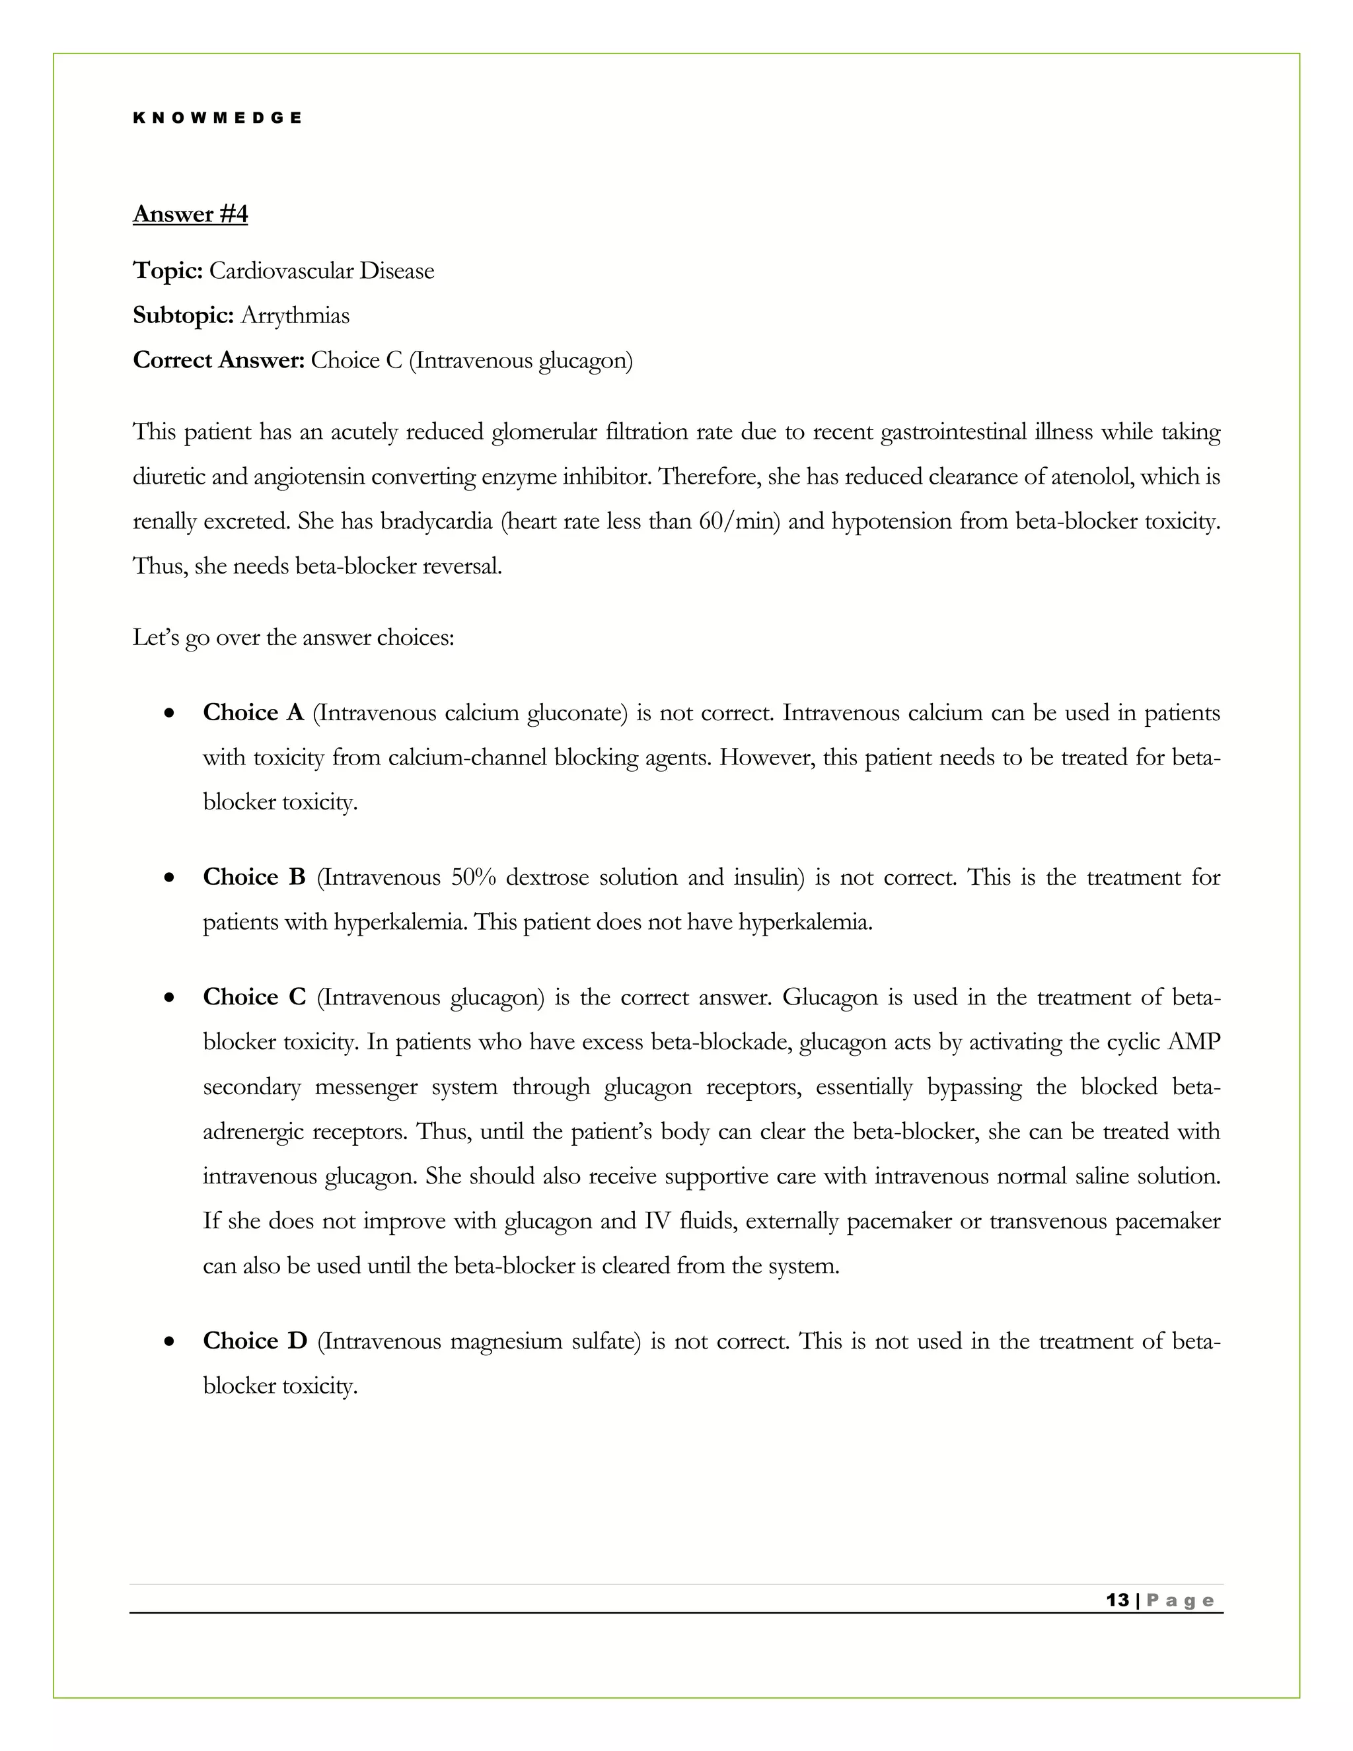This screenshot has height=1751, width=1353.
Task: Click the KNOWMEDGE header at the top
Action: pos(217,118)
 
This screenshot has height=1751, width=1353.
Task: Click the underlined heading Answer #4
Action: pos(190,214)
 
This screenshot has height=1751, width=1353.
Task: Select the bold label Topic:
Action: pos(168,271)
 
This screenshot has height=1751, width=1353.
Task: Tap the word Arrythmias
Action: pos(295,316)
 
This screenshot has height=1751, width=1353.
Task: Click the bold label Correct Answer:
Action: pos(218,361)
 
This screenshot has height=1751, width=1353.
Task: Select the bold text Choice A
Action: pos(252,713)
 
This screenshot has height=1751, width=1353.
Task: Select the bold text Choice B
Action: pos(253,877)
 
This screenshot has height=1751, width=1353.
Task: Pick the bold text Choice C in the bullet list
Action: pos(253,997)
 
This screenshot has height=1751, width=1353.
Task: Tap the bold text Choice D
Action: pos(254,1341)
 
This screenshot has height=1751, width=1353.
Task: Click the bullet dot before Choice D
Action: pos(168,1342)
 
